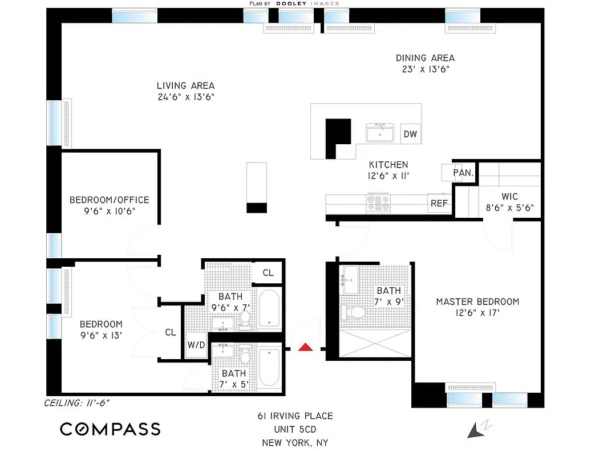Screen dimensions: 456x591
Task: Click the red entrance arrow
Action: click(306, 347)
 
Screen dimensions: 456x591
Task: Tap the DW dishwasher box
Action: click(410, 135)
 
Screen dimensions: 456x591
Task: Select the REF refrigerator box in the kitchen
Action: click(439, 203)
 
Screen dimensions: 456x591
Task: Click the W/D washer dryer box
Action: click(196, 345)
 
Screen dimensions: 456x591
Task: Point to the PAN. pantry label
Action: click(463, 173)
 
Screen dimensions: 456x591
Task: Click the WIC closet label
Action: click(509, 197)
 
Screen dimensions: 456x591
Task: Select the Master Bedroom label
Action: click(477, 302)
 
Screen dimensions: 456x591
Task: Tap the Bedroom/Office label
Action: click(109, 200)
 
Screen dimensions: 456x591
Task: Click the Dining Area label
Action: click(426, 58)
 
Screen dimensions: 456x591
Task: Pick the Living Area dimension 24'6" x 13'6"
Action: click(185, 97)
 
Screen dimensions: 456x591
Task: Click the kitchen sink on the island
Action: click(380, 133)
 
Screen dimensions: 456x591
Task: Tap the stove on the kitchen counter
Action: click(379, 202)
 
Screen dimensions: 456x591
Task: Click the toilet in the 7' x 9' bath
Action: click(355, 312)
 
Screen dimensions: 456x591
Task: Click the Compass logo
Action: click(110, 429)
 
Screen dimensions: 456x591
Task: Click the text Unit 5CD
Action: click(294, 429)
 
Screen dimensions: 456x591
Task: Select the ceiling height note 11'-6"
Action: click(77, 403)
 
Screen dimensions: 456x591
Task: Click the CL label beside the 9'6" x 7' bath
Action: click(268, 273)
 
